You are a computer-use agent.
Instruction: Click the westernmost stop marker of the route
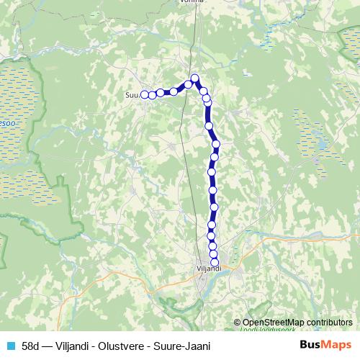[144, 94]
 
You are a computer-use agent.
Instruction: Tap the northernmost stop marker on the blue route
[194, 78]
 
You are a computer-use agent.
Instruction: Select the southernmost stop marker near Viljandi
[215, 261]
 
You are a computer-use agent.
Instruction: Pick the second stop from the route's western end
[153, 94]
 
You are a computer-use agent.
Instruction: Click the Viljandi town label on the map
[209, 269]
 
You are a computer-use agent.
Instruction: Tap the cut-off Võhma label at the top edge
[192, 2]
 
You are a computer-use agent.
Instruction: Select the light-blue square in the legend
[9, 345]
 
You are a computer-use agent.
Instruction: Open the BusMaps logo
[325, 345]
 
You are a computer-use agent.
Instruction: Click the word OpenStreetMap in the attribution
[274, 323]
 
